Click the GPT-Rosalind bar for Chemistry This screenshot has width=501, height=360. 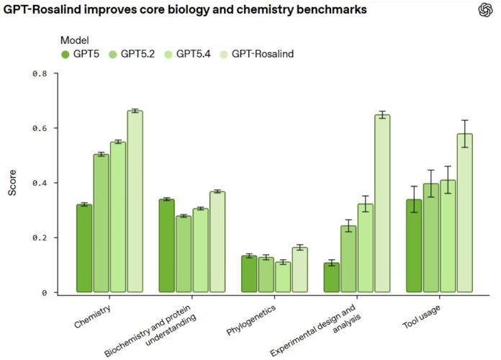[x=135, y=201]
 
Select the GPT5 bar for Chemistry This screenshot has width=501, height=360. [x=84, y=248]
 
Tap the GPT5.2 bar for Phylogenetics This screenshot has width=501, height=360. [x=266, y=274]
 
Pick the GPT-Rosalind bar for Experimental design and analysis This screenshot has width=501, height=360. [x=382, y=203]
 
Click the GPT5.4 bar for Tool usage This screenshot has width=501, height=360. [x=448, y=236]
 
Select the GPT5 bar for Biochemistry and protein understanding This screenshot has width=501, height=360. [x=167, y=246]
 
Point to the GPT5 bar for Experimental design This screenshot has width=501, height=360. [x=332, y=277]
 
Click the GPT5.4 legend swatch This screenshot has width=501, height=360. [x=168, y=54]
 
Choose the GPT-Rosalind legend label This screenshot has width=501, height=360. [x=263, y=54]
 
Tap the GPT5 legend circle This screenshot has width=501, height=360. [x=66, y=54]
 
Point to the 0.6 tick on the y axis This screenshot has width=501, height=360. [x=56, y=128]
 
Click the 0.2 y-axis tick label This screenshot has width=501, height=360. [x=40, y=238]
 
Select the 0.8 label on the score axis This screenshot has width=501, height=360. [x=40, y=73]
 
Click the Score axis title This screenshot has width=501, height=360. [x=12, y=183]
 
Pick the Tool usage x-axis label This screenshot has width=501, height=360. [x=421, y=317]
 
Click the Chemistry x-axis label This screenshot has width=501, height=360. [x=92, y=317]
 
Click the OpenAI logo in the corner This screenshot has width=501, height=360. [x=485, y=10]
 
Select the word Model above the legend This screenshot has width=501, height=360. [x=74, y=40]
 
